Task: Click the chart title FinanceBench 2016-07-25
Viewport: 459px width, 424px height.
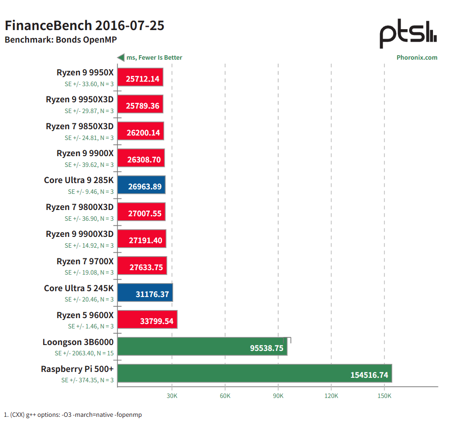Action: point(84,26)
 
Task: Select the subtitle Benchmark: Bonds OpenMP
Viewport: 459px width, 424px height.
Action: point(61,39)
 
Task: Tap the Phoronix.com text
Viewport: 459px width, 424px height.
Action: point(417,57)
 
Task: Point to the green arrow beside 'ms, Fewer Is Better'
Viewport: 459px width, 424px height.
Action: point(121,57)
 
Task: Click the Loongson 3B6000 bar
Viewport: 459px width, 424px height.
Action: point(202,346)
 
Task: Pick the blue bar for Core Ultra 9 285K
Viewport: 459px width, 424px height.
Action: point(141,185)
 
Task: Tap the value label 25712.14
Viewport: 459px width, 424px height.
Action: point(143,79)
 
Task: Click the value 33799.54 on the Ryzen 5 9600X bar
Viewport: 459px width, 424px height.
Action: point(157,321)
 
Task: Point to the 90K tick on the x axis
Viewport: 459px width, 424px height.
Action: point(278,396)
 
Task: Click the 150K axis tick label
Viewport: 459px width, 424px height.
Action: point(384,396)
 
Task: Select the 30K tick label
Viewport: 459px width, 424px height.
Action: point(172,396)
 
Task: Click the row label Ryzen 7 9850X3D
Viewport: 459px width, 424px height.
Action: point(79,127)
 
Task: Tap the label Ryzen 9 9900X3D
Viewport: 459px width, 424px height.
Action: point(79,234)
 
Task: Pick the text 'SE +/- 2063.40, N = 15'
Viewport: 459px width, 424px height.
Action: point(84,353)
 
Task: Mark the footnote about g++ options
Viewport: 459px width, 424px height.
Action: point(73,415)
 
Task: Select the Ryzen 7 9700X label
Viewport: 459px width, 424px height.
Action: point(85,261)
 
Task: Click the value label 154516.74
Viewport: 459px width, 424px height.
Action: point(369,375)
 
